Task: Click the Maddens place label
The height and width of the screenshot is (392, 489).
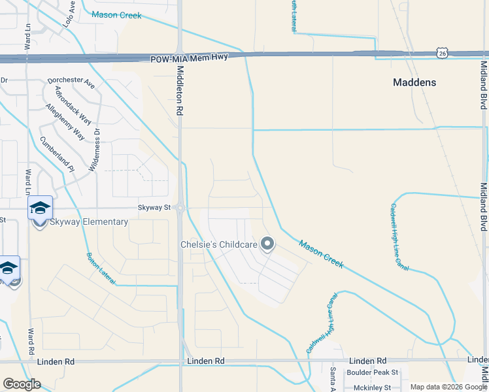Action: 414,83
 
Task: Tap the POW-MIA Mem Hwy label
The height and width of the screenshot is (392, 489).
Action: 189,59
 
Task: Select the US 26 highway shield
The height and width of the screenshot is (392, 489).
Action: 443,53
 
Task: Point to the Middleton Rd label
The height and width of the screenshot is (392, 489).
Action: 178,85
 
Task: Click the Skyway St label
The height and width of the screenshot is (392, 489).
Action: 154,208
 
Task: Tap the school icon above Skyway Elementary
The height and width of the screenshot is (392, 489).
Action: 40,208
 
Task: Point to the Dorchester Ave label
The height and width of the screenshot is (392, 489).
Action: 71,85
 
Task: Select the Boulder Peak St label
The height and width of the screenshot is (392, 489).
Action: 372,372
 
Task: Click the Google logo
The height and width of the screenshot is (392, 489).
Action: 22,384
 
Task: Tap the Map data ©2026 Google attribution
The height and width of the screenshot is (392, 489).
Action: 448,387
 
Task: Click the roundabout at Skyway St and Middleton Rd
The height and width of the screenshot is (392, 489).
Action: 180,208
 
